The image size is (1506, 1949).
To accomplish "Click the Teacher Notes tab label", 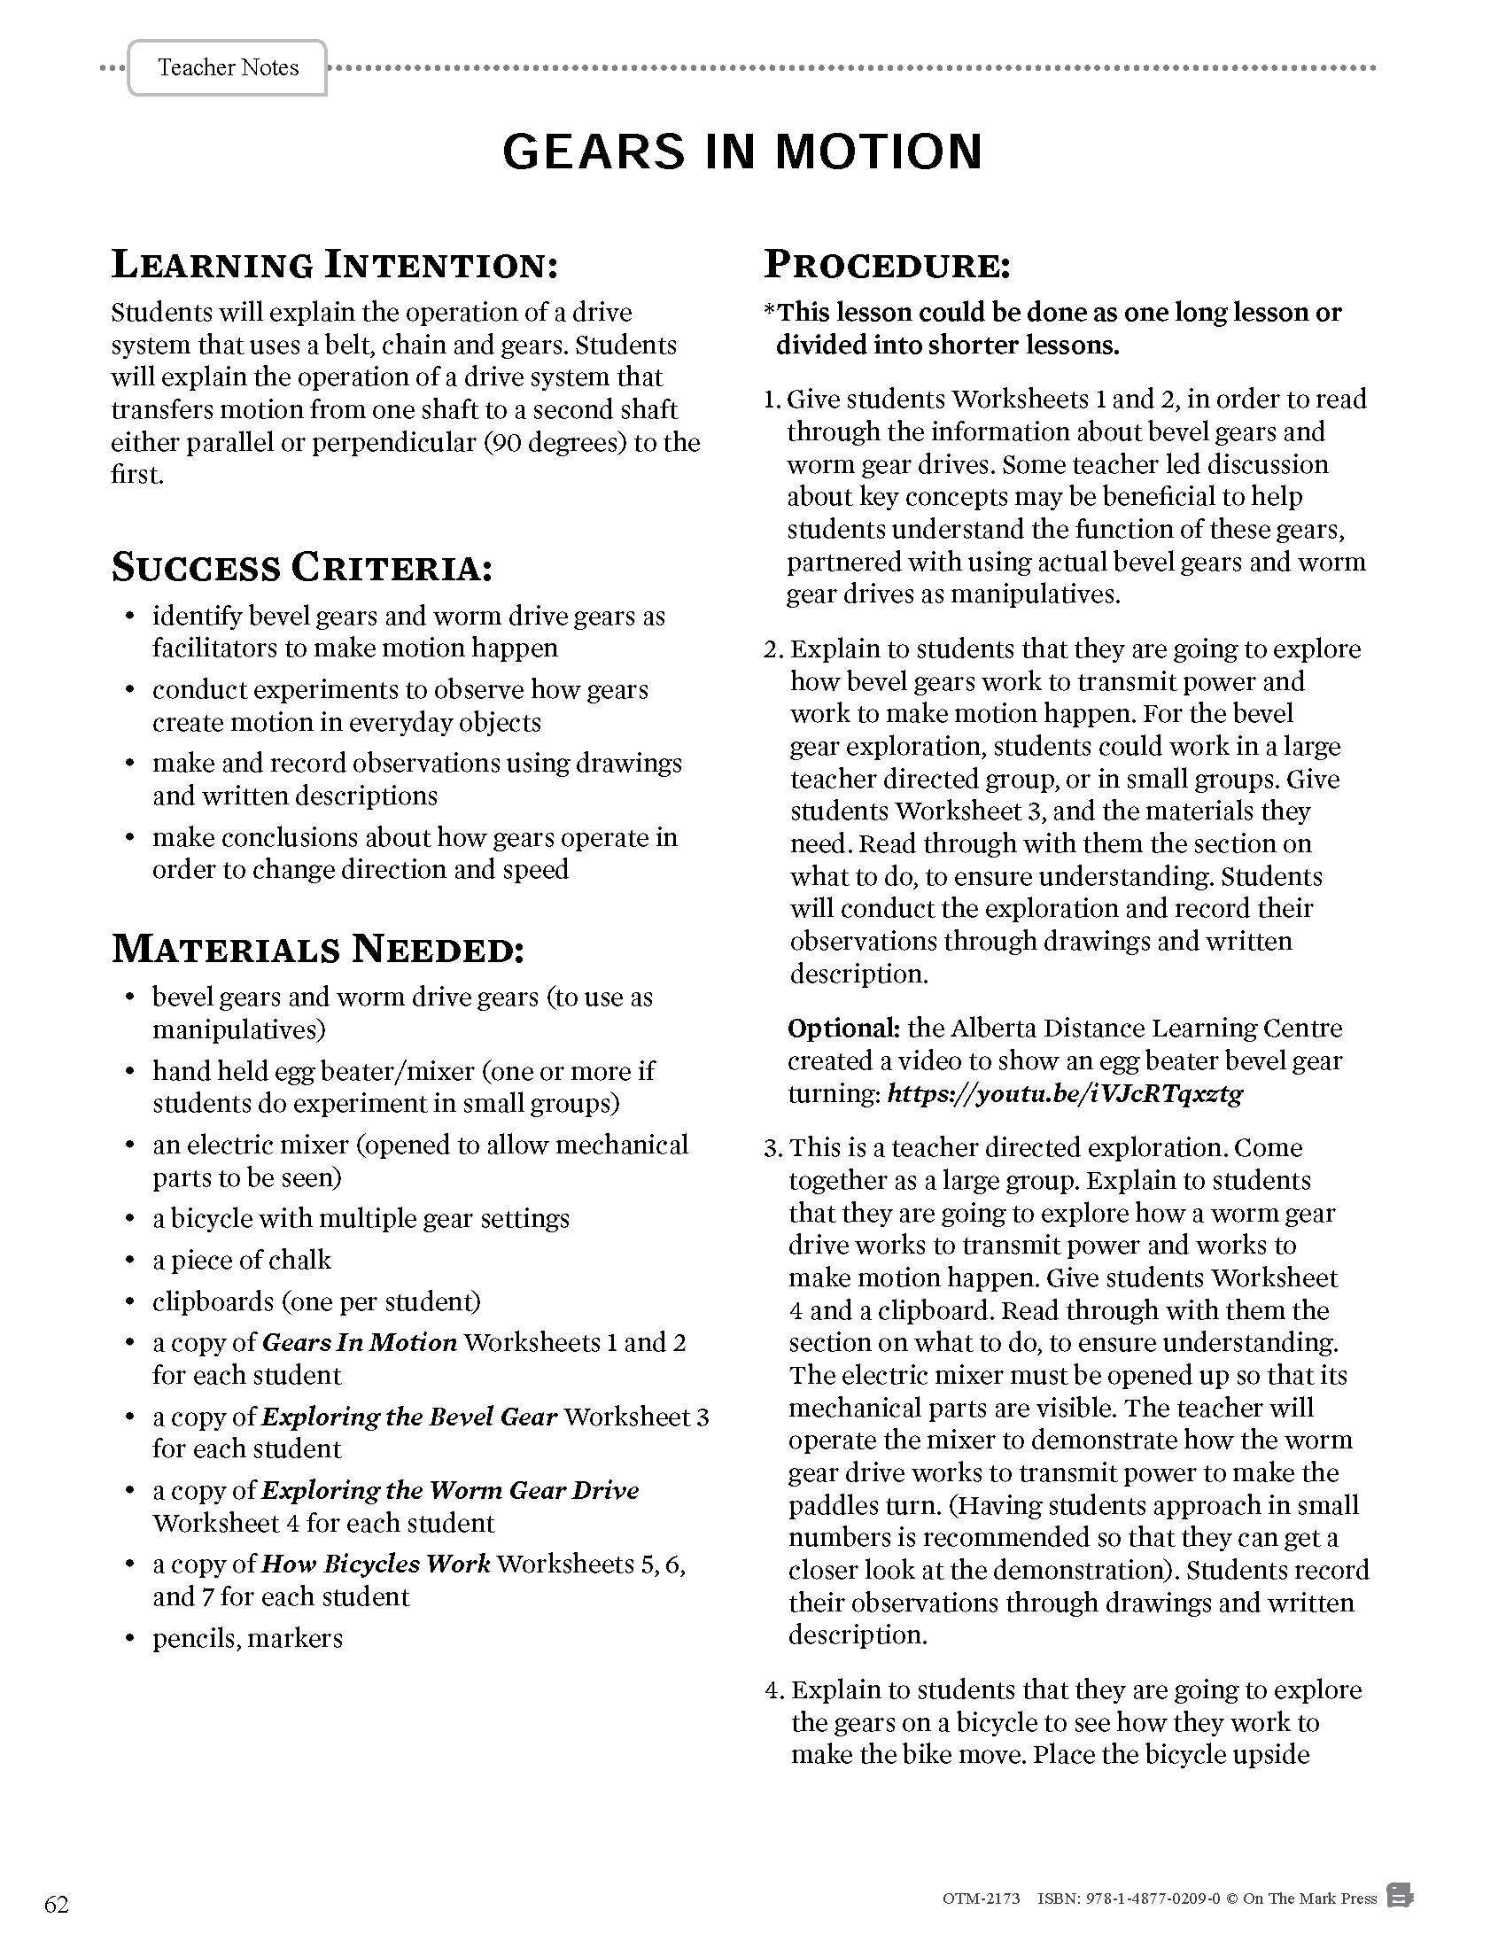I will pyautogui.click(x=228, y=68).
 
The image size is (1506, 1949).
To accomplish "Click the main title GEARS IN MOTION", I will pyautogui.click(x=742, y=151).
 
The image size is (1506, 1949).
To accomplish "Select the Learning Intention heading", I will pyautogui.click(x=335, y=265).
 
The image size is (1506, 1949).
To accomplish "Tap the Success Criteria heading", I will pyautogui.click(x=301, y=569).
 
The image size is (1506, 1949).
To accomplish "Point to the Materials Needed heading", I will pyautogui.click(x=318, y=950).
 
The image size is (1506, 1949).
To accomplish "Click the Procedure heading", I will pyautogui.click(x=887, y=265).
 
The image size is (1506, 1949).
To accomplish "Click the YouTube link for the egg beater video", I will pyautogui.click(x=1064, y=1094).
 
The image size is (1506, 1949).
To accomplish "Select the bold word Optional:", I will pyautogui.click(x=843, y=1029).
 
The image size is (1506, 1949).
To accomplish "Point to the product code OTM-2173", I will pyautogui.click(x=981, y=1899).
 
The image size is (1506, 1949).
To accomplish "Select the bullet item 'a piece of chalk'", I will pyautogui.click(x=241, y=1260).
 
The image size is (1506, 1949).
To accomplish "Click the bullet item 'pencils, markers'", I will pyautogui.click(x=247, y=1638).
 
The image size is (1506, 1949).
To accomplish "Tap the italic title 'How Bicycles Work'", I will pyautogui.click(x=376, y=1565).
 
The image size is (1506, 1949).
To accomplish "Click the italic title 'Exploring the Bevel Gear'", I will pyautogui.click(x=409, y=1417).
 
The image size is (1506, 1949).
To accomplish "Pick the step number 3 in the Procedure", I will pyautogui.click(x=772, y=1148).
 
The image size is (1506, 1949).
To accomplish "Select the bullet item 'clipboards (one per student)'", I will pyautogui.click(x=316, y=1302).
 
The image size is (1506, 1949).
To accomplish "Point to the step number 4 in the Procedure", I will pyautogui.click(x=773, y=1691).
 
